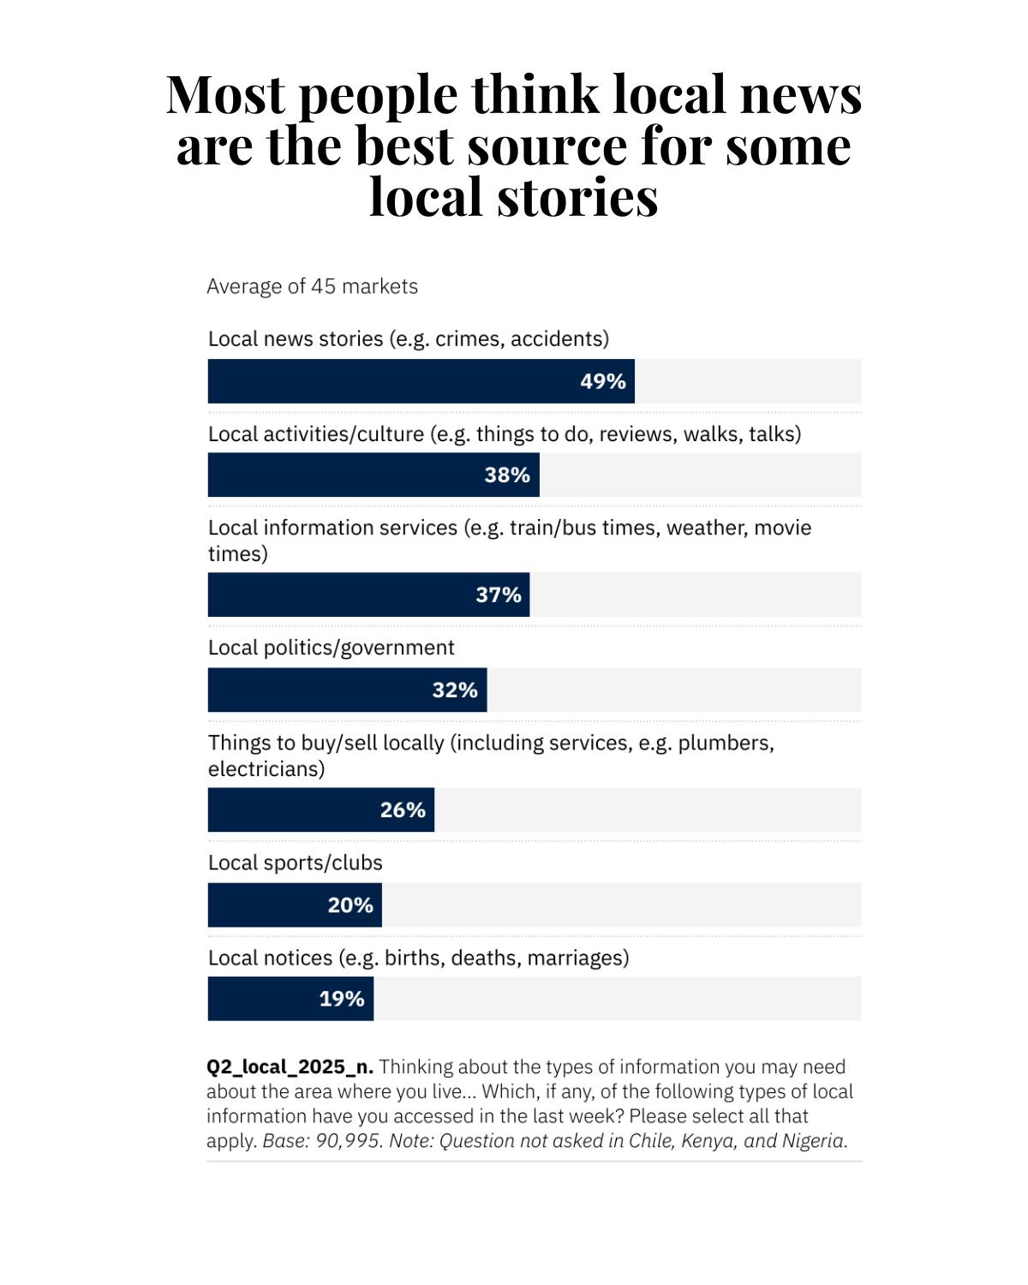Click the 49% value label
(x=603, y=381)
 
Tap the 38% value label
(x=507, y=475)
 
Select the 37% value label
(x=499, y=595)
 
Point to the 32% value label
(x=455, y=690)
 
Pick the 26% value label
(x=403, y=810)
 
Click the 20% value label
(x=350, y=905)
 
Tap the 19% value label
(x=342, y=998)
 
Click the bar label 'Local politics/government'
(x=331, y=648)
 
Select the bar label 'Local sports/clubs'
(x=295, y=863)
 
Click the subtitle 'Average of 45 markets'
(x=312, y=287)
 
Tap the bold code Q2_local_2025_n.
(x=290, y=1067)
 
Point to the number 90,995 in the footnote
(x=348, y=1141)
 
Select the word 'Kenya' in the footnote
(x=708, y=1141)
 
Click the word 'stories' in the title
(x=577, y=197)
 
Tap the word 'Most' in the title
(x=226, y=94)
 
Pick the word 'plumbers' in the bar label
(x=726, y=744)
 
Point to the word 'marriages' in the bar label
(x=578, y=959)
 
